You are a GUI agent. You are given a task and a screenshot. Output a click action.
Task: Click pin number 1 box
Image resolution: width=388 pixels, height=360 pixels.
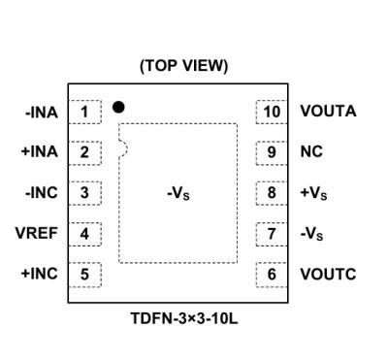85,112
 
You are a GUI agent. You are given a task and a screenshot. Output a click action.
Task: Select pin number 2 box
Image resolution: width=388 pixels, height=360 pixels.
85,152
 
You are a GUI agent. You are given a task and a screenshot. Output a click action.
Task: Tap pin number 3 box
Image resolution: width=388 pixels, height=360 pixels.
85,192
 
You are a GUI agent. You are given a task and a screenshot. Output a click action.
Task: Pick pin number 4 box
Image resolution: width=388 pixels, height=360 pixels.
85,233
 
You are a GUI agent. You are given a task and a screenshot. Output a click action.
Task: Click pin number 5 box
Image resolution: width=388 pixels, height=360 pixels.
85,274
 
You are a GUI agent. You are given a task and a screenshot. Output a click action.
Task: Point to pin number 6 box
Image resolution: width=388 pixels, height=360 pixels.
273,274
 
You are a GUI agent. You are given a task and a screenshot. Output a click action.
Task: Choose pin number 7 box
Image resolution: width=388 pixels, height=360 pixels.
273,233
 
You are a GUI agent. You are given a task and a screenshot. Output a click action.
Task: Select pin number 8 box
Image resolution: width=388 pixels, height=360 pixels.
273,192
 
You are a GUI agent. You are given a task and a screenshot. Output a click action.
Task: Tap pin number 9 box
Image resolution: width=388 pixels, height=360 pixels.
273,152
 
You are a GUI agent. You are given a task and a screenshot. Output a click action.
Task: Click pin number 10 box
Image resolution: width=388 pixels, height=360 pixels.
273,112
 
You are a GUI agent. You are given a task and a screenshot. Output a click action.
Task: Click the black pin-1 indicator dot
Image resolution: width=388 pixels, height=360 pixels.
118,106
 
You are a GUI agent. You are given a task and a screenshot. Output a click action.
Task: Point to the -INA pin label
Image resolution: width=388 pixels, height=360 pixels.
42,113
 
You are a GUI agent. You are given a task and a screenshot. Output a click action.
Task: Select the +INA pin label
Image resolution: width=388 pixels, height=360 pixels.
41,152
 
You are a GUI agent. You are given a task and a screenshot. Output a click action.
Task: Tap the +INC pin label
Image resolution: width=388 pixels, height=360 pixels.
40,274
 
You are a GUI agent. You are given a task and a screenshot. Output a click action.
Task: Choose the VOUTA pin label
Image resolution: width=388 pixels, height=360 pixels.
328,112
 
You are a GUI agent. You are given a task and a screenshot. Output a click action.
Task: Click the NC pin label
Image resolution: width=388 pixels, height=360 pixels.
312,152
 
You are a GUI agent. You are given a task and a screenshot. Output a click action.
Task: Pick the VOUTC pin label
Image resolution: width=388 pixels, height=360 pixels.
328,274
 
